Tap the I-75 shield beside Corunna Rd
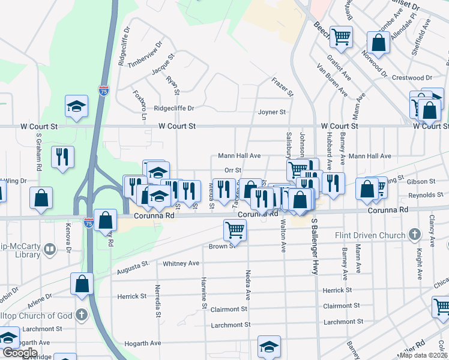(89, 222)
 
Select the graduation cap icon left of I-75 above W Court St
(76, 107)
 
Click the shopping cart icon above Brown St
(235, 230)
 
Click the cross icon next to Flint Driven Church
(414, 234)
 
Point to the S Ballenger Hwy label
(314, 246)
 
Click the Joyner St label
(272, 112)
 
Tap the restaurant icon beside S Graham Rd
(62, 157)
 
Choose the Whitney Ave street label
(181, 263)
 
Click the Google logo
(19, 353)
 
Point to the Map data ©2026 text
(423, 355)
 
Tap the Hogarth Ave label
(146, 343)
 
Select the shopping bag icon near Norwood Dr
(379, 43)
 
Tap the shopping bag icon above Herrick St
(82, 283)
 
